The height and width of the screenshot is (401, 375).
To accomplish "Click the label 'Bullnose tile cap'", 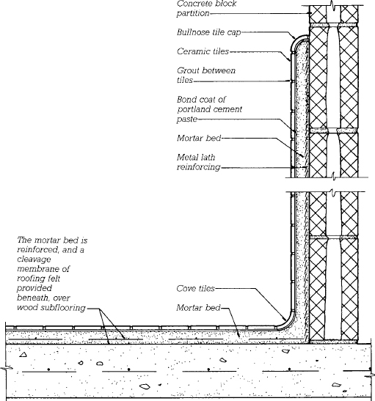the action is pyautogui.click(x=208, y=32).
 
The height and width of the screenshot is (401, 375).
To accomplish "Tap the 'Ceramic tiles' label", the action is pyautogui.click(x=203, y=51).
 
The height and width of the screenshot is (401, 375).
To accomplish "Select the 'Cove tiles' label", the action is pyautogui.click(x=195, y=289).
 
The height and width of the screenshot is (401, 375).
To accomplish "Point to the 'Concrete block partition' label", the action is pyautogui.click(x=206, y=8).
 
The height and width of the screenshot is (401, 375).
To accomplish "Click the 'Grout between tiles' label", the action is pyautogui.click(x=206, y=76).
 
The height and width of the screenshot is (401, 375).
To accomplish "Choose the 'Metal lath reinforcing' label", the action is pyautogui.click(x=198, y=162).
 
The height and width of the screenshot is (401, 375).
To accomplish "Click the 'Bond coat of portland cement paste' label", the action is pyautogui.click(x=209, y=109).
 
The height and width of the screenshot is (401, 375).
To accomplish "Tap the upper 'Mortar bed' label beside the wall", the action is pyautogui.click(x=199, y=138).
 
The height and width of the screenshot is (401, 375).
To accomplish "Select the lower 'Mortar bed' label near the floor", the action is pyautogui.click(x=198, y=308).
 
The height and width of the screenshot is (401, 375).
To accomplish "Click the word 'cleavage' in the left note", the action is pyautogui.click(x=34, y=260).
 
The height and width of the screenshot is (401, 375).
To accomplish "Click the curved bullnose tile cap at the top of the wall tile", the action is pyautogui.click(x=298, y=43).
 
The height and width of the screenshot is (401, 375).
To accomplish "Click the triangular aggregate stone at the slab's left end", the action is pyautogui.click(x=23, y=355).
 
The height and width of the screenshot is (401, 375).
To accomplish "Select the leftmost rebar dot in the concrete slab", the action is pyautogui.click(x=48, y=369).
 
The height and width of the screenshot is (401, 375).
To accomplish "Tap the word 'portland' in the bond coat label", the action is pyautogui.click(x=194, y=109).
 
